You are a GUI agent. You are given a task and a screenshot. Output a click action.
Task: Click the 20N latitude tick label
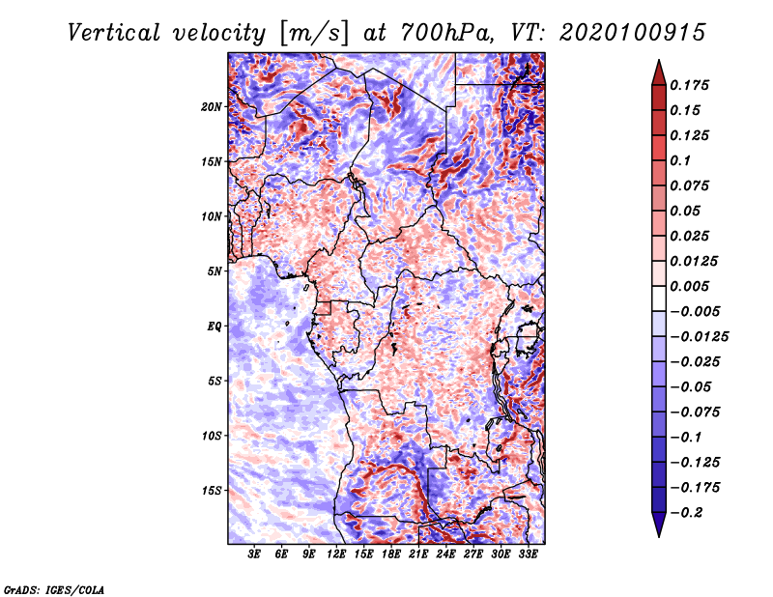click(x=212, y=107)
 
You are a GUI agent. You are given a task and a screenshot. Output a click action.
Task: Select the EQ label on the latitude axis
click(x=214, y=327)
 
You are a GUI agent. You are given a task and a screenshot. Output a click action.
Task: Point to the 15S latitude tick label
click(x=212, y=491)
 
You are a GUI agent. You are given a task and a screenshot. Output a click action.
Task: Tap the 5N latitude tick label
click(x=215, y=271)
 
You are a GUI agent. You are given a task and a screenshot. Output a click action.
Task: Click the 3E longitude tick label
click(x=254, y=554)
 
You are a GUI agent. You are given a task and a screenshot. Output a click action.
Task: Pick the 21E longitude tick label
click(x=418, y=554)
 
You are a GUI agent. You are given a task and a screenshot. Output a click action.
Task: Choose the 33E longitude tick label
click(x=528, y=554)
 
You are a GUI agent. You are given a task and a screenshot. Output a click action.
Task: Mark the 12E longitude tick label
click(x=336, y=554)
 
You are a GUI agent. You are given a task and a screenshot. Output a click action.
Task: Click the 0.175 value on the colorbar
click(x=689, y=85)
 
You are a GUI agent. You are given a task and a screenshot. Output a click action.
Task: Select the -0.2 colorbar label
click(x=687, y=513)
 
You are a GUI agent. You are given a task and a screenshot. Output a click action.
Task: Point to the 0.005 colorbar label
click(x=689, y=286)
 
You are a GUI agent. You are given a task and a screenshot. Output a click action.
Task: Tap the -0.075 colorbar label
click(x=695, y=412)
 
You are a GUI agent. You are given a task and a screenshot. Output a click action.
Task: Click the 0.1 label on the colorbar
click(x=680, y=160)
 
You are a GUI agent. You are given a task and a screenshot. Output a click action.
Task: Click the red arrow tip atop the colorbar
click(x=659, y=61)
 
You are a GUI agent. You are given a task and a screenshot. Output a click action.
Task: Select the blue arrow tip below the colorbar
click(x=659, y=535)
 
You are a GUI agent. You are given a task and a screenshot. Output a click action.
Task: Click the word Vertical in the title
click(x=114, y=33)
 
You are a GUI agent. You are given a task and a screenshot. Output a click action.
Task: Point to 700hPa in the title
click(x=447, y=33)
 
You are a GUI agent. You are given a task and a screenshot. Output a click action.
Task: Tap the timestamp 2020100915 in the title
click(x=633, y=33)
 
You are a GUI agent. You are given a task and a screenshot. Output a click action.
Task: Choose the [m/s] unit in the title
click(x=315, y=34)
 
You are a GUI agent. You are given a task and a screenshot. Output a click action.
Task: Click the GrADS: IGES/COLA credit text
click(x=54, y=590)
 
